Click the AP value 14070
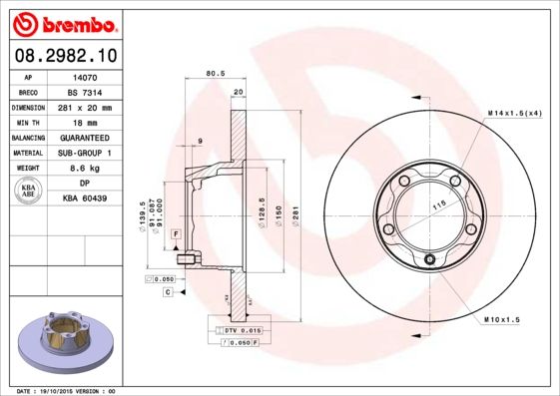click(x=84, y=76)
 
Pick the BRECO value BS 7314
click(x=84, y=91)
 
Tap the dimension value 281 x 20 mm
click(x=84, y=107)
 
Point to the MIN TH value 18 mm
click(x=84, y=122)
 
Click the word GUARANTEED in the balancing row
click(x=84, y=137)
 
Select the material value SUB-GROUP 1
click(x=84, y=153)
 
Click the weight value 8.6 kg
click(x=84, y=169)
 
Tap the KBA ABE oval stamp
click(x=29, y=192)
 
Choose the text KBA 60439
click(x=85, y=199)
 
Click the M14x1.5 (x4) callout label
click(x=515, y=114)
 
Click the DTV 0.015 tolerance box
click(x=240, y=329)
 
